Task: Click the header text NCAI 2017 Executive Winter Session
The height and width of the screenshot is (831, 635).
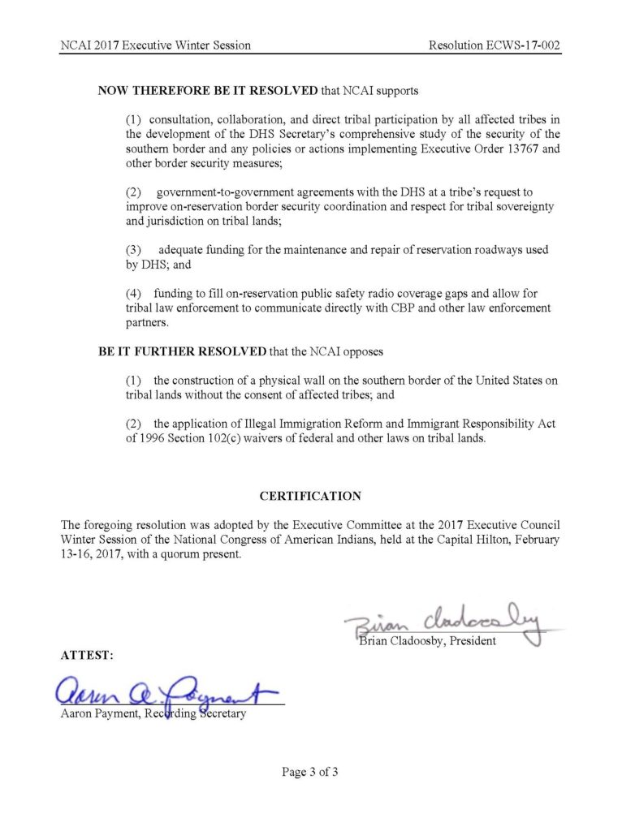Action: pyautogui.click(x=155, y=45)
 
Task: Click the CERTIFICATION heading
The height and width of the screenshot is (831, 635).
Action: pyautogui.click(x=310, y=496)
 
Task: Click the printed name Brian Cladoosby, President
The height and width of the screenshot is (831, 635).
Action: pyautogui.click(x=427, y=642)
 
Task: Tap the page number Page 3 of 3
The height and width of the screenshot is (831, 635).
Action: pyautogui.click(x=310, y=772)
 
